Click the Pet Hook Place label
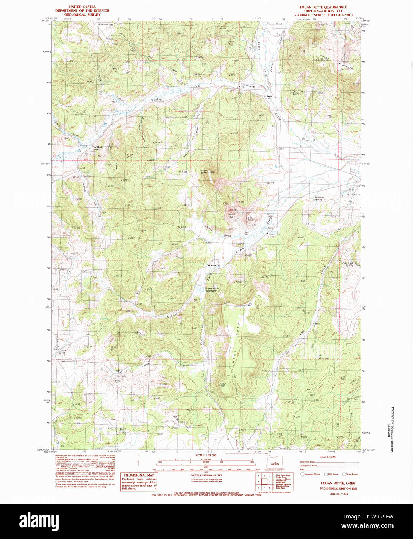[97, 148]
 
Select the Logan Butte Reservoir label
[212, 289]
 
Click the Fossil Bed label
[231, 216]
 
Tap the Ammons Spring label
[319, 198]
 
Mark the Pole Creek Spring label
[348, 264]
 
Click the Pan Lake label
[246, 234]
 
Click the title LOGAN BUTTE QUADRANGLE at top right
[323, 7]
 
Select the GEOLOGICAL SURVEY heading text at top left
[82, 14]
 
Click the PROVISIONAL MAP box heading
[139, 475]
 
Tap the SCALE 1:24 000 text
[206, 455]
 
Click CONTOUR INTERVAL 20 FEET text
[206, 475]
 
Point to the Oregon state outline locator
[275, 463]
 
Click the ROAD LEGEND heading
[328, 457]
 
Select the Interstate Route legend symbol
[302, 474]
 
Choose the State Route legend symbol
[344, 474]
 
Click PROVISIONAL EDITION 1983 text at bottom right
[338, 489]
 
